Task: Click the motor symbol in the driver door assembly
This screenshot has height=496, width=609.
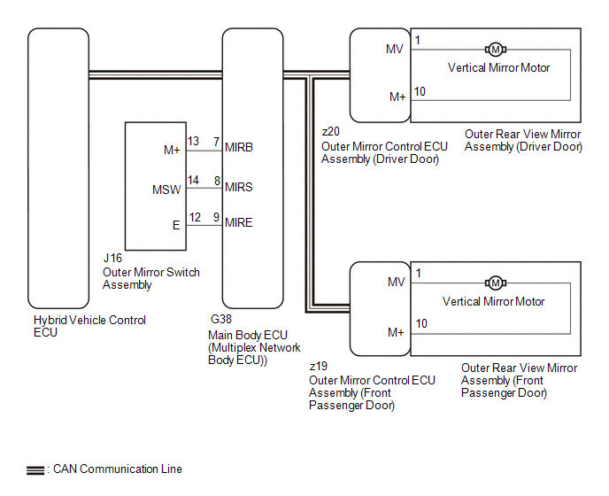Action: pos(496,49)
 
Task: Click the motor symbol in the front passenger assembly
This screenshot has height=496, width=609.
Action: pos(496,283)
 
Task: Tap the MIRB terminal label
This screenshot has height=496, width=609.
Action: pos(239,147)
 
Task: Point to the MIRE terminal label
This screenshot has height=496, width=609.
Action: pos(239,222)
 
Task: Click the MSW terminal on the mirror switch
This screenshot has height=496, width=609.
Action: pos(166,188)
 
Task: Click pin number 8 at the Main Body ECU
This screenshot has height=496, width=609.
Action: pos(216,180)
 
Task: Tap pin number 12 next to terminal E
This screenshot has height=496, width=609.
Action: pos(194,217)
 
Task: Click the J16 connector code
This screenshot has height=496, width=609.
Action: pos(112,260)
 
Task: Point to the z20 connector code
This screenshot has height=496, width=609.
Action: pos(330,132)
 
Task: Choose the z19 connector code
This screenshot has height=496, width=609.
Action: pos(318,366)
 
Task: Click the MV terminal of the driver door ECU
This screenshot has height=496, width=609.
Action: pos(395,49)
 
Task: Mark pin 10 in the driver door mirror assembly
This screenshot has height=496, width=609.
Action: pos(420,91)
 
